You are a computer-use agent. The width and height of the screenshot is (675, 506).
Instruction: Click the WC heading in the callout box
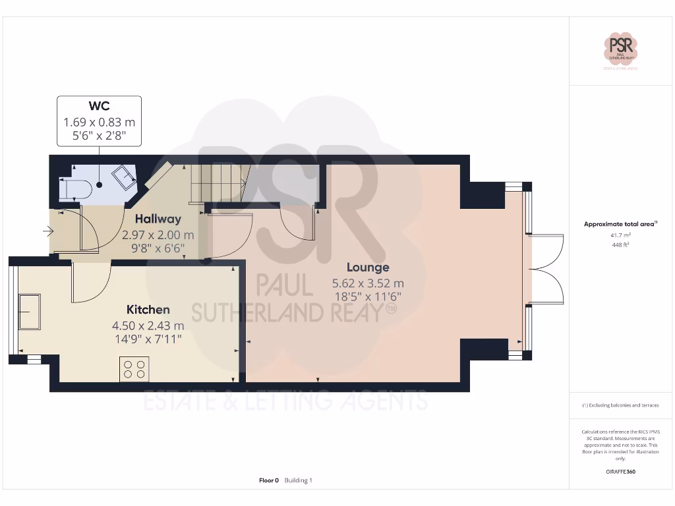click(x=99, y=106)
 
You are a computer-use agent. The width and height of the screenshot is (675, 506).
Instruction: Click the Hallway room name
click(x=158, y=219)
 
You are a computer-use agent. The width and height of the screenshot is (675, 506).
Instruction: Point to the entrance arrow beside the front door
click(x=47, y=231)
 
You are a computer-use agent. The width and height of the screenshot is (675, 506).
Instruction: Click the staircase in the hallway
click(x=216, y=183)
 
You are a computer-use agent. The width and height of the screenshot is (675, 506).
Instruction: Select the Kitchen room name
click(x=148, y=309)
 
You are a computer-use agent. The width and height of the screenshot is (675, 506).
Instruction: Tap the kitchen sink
click(x=29, y=311)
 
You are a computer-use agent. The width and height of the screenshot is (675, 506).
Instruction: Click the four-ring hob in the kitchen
click(x=134, y=369)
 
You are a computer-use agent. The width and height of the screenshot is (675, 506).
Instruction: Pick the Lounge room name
click(x=368, y=267)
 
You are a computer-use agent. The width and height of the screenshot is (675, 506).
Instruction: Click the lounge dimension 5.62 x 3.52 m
click(x=368, y=283)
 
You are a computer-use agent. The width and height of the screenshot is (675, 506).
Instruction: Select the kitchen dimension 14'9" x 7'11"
click(x=148, y=339)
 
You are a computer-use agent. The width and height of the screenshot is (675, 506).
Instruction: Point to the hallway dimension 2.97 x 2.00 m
click(x=158, y=235)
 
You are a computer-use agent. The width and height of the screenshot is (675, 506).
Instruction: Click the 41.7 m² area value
click(x=620, y=235)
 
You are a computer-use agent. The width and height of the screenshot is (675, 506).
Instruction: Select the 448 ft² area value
click(x=620, y=244)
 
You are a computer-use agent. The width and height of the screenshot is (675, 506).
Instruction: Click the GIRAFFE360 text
click(x=620, y=472)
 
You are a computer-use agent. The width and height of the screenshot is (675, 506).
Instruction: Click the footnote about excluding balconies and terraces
click(x=620, y=405)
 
